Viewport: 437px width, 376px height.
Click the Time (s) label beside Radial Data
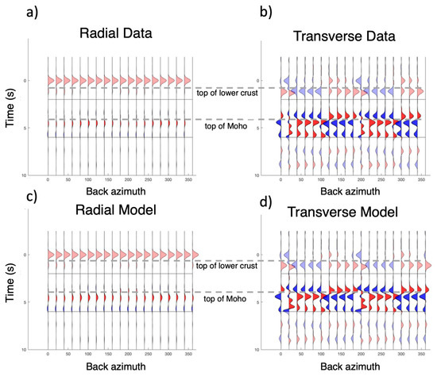coord(10,116)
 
